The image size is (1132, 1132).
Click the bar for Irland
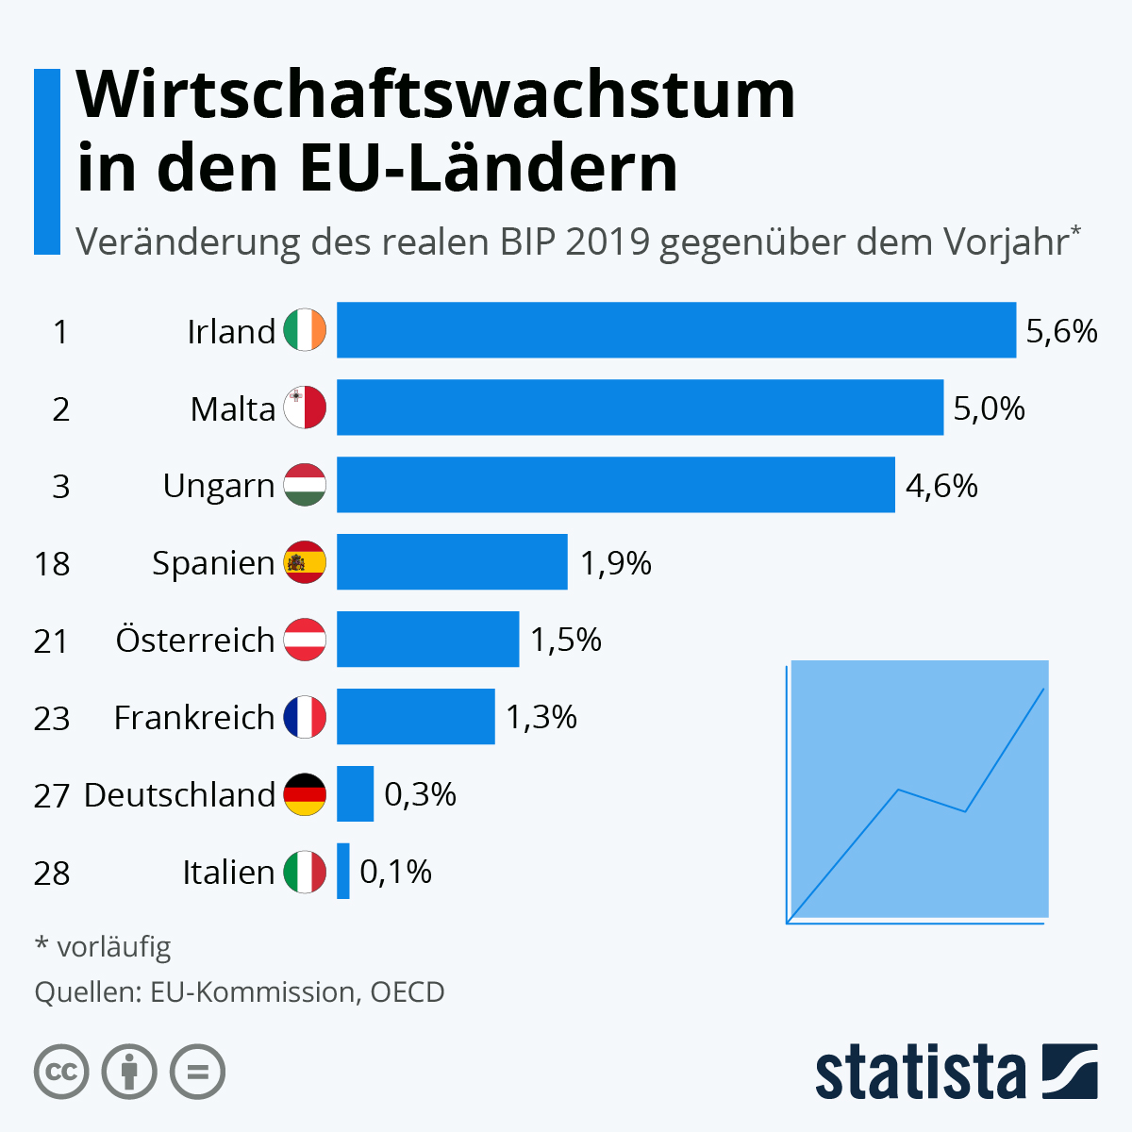(675, 330)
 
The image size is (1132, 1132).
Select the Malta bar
(640, 408)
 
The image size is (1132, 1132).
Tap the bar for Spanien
(452, 562)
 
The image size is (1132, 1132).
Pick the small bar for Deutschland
(355, 794)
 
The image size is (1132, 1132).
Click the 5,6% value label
(1061, 331)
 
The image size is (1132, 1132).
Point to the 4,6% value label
(941, 486)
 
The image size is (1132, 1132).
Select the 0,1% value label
(395, 872)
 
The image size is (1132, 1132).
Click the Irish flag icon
(305, 330)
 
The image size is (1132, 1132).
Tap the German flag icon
(305, 794)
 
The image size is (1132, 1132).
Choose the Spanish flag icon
(305, 562)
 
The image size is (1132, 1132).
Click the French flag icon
(305, 717)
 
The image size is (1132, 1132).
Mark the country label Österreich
(194, 640)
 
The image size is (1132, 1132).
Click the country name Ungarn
(218, 486)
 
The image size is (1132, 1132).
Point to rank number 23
(52, 719)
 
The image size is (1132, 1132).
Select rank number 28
(52, 874)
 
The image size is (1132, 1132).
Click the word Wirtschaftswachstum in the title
(436, 94)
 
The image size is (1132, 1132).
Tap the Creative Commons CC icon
(61, 1073)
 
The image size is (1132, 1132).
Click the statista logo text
(920, 1072)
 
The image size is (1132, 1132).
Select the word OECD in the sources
(407, 992)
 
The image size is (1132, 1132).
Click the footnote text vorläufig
(114, 946)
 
